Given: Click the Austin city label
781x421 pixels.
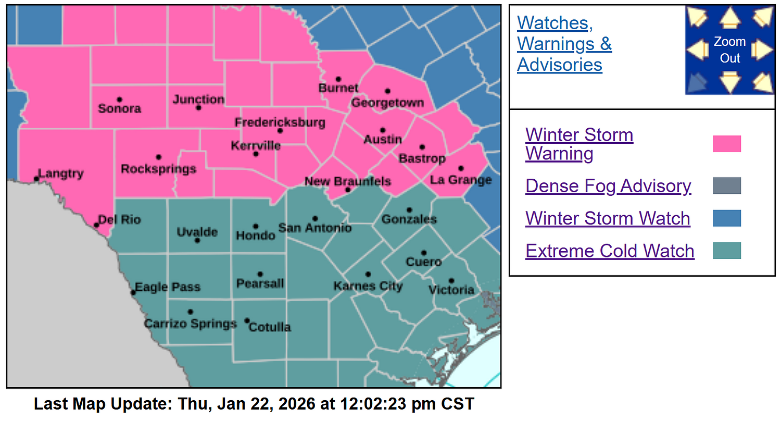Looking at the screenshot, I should point(383,140).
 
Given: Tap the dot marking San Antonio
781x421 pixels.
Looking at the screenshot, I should point(315,219).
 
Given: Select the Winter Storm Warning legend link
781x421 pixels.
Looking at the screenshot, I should point(579,144).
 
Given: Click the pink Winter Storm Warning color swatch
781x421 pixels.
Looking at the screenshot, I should point(727,144).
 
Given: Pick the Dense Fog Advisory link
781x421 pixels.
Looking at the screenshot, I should point(608,186).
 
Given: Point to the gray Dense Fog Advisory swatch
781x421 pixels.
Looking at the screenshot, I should point(727,186).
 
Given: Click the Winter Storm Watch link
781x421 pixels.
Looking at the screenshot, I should point(608,218).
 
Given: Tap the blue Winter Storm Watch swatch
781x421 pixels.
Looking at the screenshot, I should point(727,218).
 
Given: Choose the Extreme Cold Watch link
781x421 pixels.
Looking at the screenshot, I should point(610,251).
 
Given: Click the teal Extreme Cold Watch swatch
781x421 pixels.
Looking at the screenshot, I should point(727,251).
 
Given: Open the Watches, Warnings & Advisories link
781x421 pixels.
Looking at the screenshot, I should point(564,44).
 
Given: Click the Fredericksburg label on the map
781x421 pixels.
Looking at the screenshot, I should point(280,123).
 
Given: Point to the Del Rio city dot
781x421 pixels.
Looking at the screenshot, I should point(96,225).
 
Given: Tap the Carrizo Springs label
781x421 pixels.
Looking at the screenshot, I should point(190,324).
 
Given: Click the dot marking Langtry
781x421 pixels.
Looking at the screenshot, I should point(36,179).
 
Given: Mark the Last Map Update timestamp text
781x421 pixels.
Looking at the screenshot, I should point(254,404).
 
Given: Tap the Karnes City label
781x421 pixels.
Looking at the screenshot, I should point(368,286).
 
